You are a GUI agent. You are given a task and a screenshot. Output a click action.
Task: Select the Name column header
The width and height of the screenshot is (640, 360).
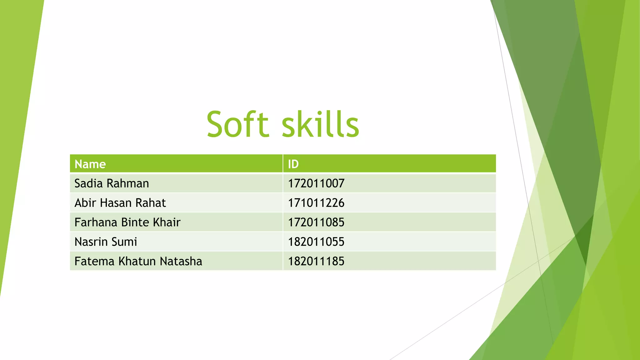[90, 164]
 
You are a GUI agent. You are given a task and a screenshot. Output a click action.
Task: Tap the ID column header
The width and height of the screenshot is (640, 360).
[293, 164]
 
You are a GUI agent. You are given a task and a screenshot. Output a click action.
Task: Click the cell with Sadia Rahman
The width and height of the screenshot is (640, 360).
[112, 183]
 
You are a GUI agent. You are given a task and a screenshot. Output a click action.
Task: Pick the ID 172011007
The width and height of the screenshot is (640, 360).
[316, 183]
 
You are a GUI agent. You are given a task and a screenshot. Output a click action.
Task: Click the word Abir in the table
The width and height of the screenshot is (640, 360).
[85, 203]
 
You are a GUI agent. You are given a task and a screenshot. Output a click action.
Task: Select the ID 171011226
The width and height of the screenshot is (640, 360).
[316, 203]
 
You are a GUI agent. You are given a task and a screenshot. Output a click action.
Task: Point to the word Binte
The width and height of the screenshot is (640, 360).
[135, 222]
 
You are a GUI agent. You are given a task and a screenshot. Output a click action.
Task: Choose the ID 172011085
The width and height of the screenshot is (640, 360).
[316, 222]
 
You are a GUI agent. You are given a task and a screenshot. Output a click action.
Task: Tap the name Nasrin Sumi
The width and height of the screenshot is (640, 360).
[106, 242]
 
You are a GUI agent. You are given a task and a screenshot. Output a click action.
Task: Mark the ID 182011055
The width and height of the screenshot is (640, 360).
[316, 242]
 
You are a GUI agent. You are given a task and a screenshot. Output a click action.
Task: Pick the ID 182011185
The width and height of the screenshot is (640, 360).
[316, 261]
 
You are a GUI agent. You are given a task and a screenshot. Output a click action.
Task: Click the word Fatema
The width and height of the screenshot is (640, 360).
[94, 261]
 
